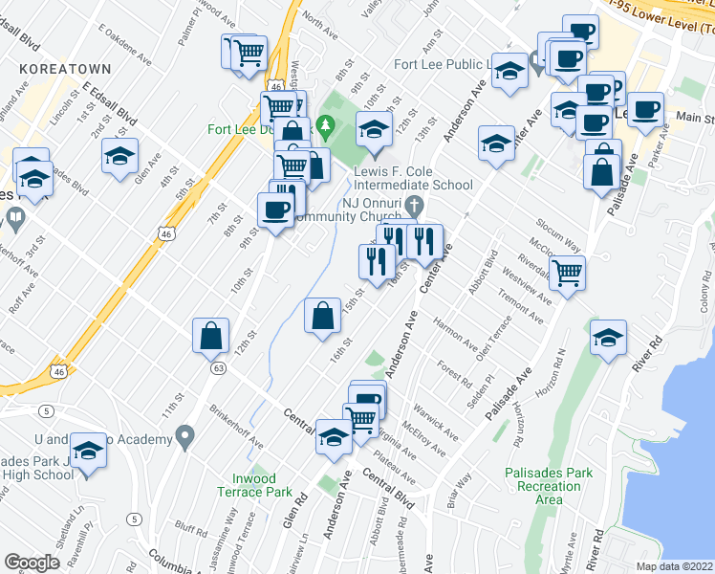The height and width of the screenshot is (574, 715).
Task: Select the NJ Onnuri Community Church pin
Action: click(x=414, y=204)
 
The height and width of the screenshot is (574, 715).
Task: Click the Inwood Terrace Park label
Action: click(x=261, y=485)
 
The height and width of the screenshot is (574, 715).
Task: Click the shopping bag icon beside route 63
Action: click(x=211, y=337)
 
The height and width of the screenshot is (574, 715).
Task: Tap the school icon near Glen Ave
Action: click(x=119, y=156)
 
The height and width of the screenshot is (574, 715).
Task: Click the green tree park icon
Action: click(x=325, y=124)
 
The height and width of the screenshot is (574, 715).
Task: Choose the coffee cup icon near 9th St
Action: click(x=276, y=210)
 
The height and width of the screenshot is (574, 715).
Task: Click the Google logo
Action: click(x=32, y=563)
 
